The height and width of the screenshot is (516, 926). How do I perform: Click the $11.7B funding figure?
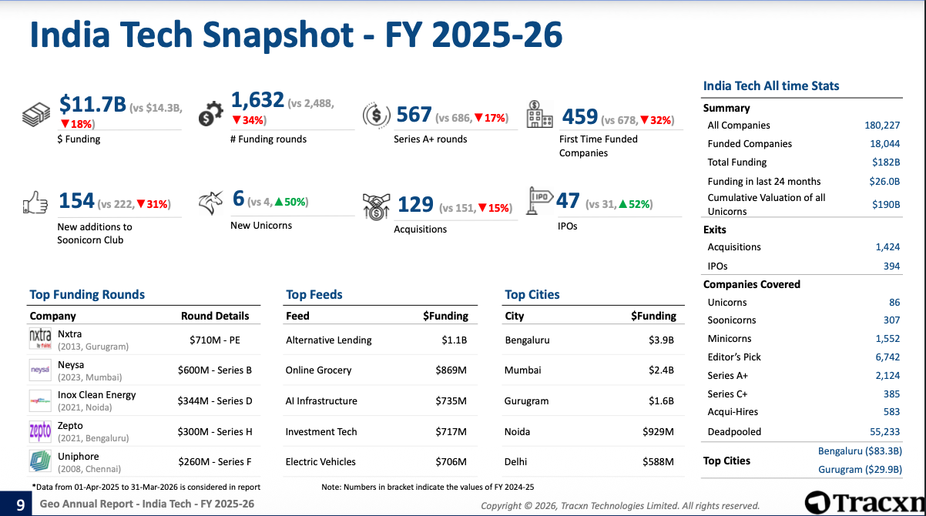coord(92,104)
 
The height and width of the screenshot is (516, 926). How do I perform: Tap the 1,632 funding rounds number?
coord(257,100)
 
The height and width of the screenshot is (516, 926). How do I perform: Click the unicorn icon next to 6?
coord(210,203)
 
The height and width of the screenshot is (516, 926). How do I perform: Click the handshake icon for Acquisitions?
coord(377,206)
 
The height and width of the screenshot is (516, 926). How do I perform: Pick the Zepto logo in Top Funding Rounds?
coord(40,431)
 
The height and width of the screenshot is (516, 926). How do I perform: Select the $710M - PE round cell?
coord(215,340)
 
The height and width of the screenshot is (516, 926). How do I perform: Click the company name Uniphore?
coord(79,456)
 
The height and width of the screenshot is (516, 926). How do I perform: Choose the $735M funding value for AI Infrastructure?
coord(451,401)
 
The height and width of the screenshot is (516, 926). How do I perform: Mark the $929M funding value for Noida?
coord(658,432)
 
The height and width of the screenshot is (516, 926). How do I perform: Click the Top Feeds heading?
coord(314,294)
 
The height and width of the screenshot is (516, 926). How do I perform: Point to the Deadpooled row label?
coord(734,432)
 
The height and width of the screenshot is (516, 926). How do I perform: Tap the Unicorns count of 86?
coord(894,303)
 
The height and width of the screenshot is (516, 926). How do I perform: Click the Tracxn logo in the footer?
coord(864,502)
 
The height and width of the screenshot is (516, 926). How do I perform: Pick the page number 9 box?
coord(19,504)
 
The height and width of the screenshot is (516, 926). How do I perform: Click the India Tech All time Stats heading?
coord(771,86)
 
